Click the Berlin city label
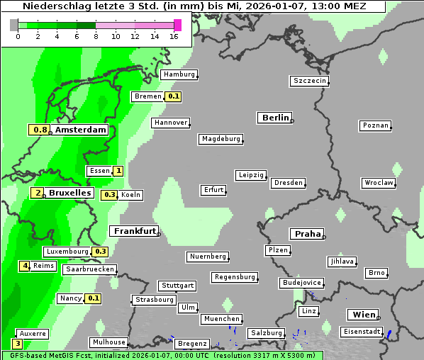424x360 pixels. pos(275,118)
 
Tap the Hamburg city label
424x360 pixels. pos(179,74)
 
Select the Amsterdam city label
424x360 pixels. pos(80,130)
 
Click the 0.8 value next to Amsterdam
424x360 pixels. pos(40,130)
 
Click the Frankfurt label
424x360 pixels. pos(134,231)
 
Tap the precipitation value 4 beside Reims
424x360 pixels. pos(25,266)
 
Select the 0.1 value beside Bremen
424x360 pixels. pos(174,96)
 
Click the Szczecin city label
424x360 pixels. pos(309,81)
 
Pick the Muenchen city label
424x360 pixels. pos(221,319)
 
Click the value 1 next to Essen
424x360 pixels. pos(118,171)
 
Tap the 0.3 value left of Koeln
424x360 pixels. pos(110,195)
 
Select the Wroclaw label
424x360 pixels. pos(378,183)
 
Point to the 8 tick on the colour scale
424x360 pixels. pos(96,36)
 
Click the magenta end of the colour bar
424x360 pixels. pos(177,25)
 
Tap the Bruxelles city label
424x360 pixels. pos(69,193)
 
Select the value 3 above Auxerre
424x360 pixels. pos(18,344)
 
